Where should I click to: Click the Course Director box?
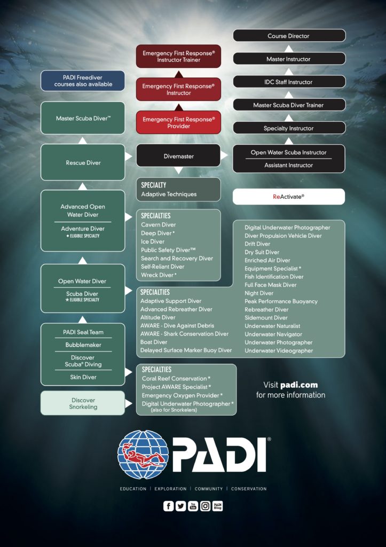[289, 36]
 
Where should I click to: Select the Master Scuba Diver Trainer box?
[289, 105]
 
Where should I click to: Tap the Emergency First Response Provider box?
[178, 122]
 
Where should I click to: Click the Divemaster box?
[178, 156]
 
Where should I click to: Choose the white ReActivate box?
[289, 197]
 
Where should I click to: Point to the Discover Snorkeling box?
[83, 403]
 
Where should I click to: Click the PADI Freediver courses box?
[83, 81]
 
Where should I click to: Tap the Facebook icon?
[169, 506]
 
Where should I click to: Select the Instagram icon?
[205, 506]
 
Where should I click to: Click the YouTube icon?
[193, 506]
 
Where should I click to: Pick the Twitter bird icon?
[181, 506]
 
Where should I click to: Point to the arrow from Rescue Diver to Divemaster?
[129, 156]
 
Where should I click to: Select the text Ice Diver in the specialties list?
[153, 241]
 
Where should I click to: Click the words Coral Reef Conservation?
[174, 379]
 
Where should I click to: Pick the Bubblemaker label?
[83, 345]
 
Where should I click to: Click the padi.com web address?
[298, 385]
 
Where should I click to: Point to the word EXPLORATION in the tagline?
[171, 489]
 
